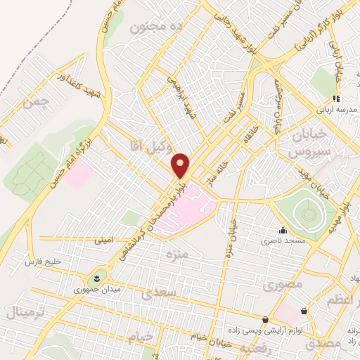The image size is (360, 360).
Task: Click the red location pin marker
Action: pos(181,165)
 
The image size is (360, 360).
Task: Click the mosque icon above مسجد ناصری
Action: pos(283,229)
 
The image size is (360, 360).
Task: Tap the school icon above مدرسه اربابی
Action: pos(336,98)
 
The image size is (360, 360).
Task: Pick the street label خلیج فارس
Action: pos(41,262)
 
